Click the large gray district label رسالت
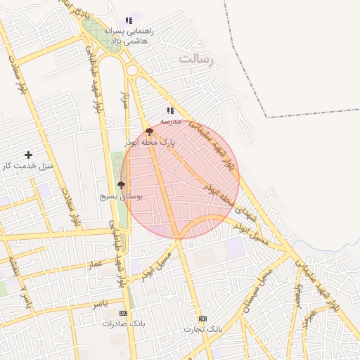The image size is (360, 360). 200,59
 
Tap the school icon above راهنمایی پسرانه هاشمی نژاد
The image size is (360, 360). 129,21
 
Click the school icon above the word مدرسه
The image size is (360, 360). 170,110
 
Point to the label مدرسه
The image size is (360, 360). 170,121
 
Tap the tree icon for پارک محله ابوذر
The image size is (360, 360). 149,131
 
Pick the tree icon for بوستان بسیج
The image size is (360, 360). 122,185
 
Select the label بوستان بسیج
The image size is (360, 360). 121,196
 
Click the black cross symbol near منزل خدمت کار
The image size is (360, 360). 28,155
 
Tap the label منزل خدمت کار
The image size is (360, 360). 27,166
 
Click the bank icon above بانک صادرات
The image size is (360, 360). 124,313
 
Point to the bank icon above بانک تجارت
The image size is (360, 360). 203,319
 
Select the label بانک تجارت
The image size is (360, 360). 203,329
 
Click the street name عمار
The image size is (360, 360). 95,264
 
